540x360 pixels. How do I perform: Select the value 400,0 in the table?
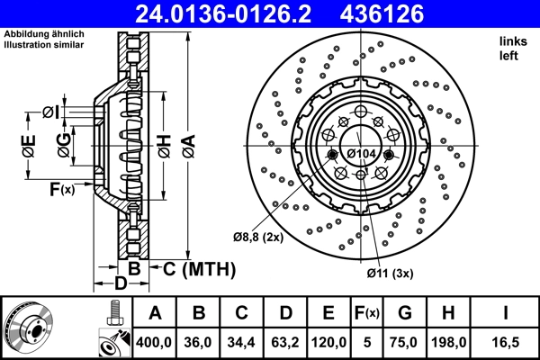[154, 343]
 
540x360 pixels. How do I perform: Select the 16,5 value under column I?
[507, 343]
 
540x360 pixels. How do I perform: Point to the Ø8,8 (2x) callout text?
[258, 237]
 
